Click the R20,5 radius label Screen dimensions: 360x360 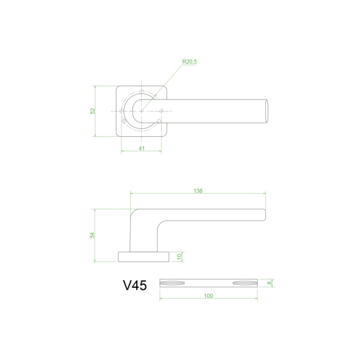tap(190, 62)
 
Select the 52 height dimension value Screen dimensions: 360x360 tap(93, 111)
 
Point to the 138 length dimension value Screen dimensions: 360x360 tap(198, 191)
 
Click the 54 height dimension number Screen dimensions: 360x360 tap(93, 235)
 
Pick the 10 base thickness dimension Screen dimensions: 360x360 tap(179, 257)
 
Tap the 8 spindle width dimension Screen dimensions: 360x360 tap(270, 283)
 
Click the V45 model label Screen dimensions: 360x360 tap(134, 286)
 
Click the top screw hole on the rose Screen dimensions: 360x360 tap(142, 92)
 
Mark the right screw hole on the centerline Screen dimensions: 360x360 tap(162, 111)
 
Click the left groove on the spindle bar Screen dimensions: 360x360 tap(175, 283)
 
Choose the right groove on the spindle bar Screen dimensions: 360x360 tap(242, 283)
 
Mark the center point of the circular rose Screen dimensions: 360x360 tap(142, 111)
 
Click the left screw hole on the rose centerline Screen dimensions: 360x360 tap(122, 111)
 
